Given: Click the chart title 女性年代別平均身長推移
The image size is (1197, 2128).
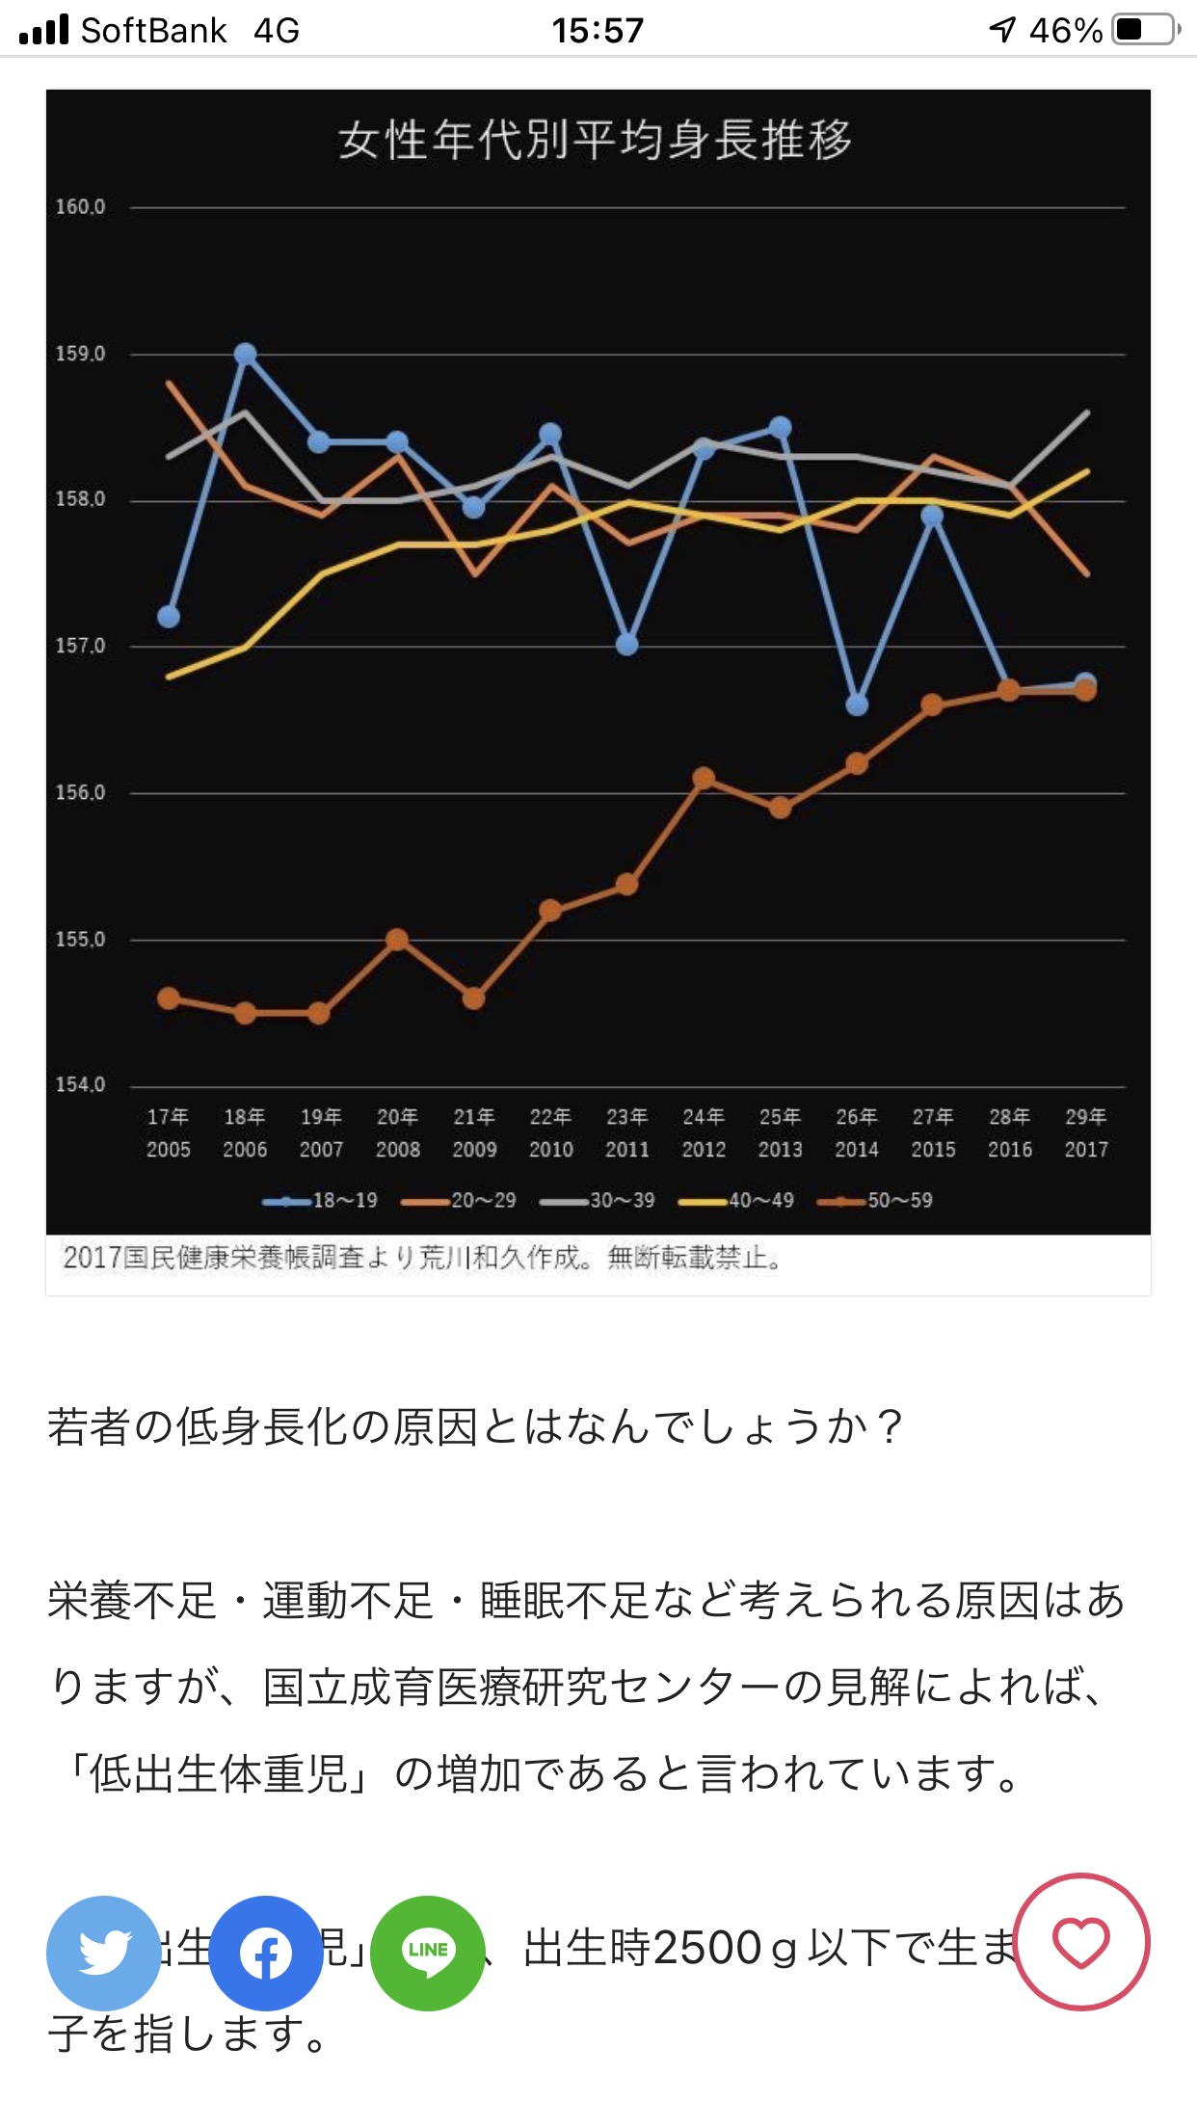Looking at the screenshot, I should (595, 141).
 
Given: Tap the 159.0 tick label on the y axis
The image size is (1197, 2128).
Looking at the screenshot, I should (80, 354).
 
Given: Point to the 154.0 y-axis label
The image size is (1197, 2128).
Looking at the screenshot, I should (80, 1085).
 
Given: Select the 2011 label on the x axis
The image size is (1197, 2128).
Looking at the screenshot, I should (626, 1149).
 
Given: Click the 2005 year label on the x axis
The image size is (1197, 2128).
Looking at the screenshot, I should (169, 1149).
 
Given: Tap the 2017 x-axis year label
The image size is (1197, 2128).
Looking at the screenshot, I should (1086, 1149).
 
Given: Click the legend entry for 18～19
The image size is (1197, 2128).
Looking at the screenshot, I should (320, 1201).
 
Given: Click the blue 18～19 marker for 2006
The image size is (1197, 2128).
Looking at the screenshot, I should (245, 355).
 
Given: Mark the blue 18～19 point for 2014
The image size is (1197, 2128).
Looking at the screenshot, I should (857, 705).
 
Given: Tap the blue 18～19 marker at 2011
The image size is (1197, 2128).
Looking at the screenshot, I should (626, 644).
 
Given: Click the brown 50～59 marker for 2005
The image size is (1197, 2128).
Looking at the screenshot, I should (169, 998).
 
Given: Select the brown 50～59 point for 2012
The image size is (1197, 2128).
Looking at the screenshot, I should (704, 778).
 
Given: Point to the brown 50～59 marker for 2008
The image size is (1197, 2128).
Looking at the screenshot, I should (397, 940).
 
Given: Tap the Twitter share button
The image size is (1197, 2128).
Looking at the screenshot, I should (103, 1953).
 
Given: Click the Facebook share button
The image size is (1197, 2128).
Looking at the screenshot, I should (265, 1953).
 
